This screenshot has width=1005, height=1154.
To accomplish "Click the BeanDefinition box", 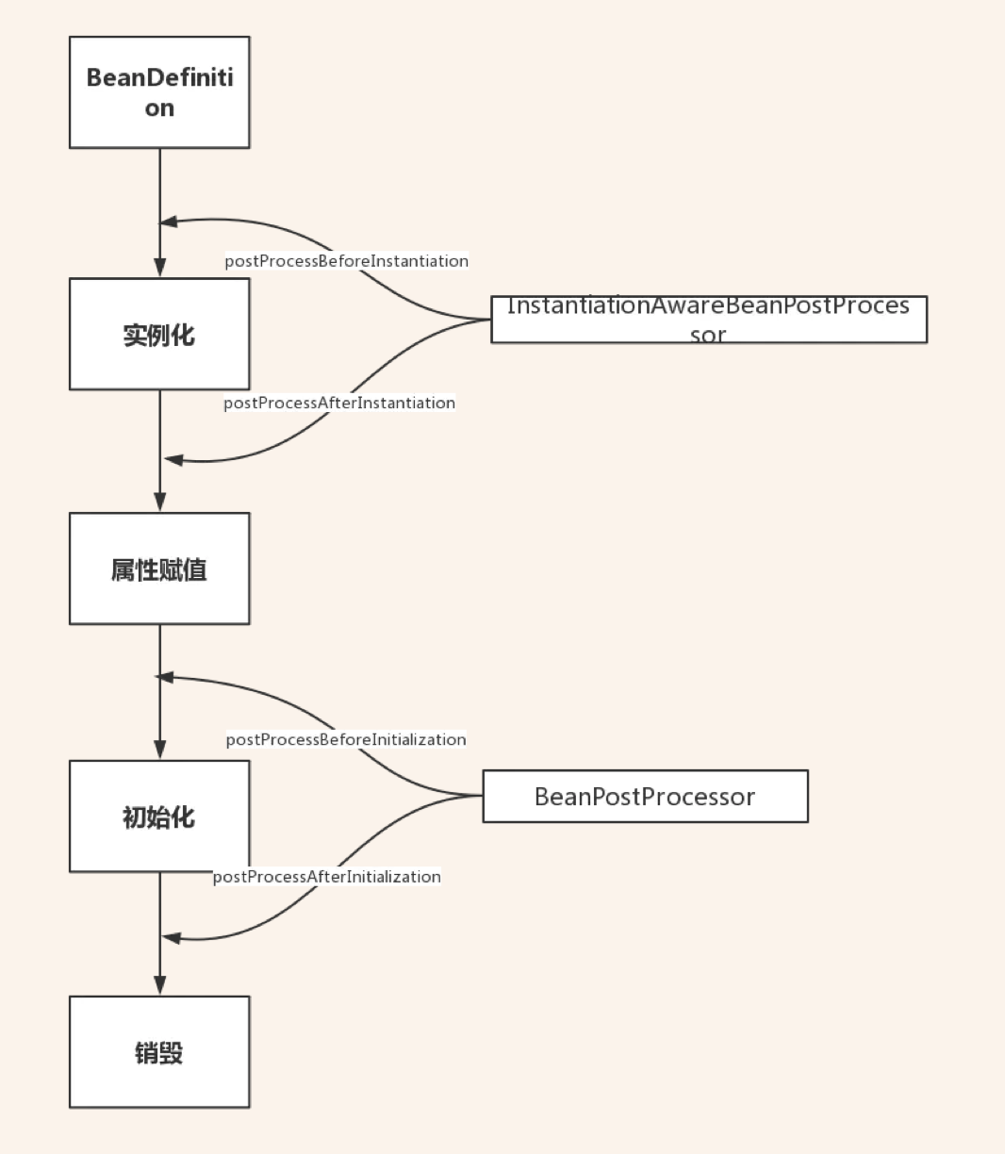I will tap(159, 92).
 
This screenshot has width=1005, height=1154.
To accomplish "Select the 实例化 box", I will tap(159, 334).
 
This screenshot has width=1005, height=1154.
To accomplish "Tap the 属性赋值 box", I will tap(159, 569).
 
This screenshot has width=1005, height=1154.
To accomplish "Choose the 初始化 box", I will tap(159, 816).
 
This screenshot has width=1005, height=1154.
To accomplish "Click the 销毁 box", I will tap(159, 1052).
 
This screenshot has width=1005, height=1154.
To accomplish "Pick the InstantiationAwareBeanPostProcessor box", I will tap(709, 320).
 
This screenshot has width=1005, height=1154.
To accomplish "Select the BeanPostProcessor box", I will tap(645, 797).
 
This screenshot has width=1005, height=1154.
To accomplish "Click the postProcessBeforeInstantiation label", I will tap(346, 261).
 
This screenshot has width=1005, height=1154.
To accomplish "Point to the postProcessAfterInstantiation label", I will tap(339, 404).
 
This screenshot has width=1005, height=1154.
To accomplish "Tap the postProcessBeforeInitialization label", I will tap(346, 740).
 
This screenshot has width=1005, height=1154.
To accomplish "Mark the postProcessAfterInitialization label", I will tap(327, 877).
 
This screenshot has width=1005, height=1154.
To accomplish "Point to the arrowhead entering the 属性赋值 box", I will tap(159, 502).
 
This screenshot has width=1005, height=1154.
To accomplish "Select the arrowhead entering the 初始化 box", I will tap(159, 750).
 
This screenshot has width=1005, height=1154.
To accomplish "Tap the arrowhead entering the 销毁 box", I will tap(159, 985).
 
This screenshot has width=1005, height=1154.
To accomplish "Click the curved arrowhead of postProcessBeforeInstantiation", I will tap(169, 223).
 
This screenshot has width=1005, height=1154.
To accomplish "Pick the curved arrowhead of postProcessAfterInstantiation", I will tap(174, 459).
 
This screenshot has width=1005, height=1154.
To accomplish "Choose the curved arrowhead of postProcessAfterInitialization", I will tap(172, 937).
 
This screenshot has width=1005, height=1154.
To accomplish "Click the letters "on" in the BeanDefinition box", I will tap(159, 108).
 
